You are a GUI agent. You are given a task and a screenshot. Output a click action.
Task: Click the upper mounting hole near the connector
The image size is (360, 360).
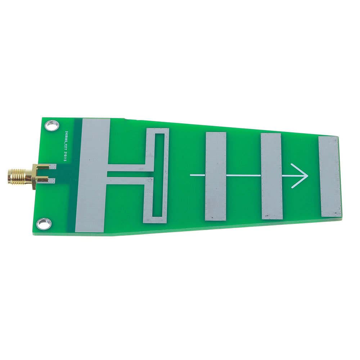pos(51,125)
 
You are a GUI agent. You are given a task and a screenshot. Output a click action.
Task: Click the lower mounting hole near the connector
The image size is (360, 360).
pos(44,224)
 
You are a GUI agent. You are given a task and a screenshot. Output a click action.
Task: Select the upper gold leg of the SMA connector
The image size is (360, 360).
pos(41,167)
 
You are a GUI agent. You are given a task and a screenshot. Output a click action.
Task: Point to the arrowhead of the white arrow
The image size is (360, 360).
pos(304,176)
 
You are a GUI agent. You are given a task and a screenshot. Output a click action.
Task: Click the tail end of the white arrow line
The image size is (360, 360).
pos(192,175)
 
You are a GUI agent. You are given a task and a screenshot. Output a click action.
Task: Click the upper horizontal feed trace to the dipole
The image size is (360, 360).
pos(126,168)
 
